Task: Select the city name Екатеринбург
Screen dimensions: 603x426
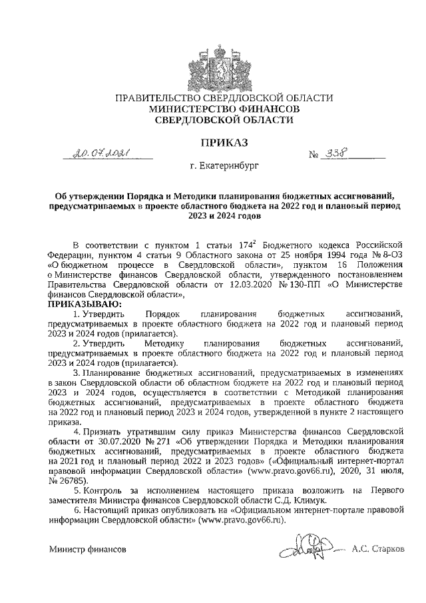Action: (x=230, y=172)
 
